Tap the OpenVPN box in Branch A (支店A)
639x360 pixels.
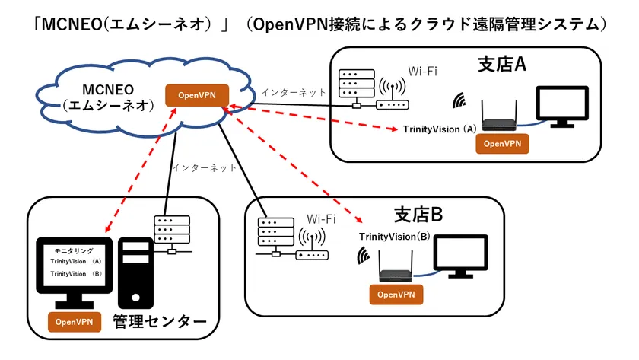pyautogui.click(x=501, y=142)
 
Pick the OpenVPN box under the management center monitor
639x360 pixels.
pyautogui.click(x=75, y=322)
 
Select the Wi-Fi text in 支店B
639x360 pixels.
pyautogui.click(x=321, y=219)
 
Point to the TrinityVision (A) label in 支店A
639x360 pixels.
pyautogui.click(x=440, y=129)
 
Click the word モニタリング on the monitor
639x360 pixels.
pyautogui.click(x=74, y=251)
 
